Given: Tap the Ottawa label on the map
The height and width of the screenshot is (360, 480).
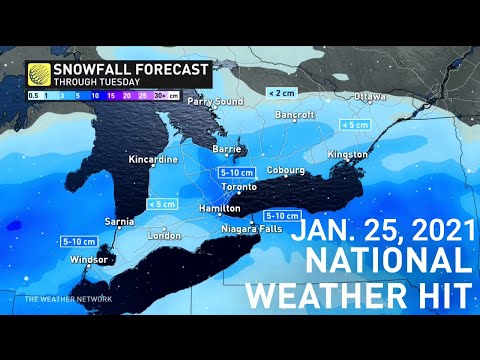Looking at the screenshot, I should [x=369, y=97].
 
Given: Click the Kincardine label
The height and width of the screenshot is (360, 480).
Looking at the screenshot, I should [x=154, y=160].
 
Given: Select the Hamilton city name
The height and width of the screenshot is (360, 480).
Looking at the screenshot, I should [x=218, y=208].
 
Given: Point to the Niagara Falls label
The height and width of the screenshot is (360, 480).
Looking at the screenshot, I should [x=248, y=229].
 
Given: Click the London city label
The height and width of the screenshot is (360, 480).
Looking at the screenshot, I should [x=165, y=235].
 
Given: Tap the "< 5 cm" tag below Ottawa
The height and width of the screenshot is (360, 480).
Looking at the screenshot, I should [x=354, y=124].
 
